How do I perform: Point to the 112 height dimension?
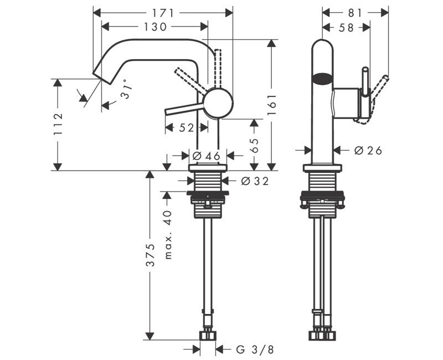coord(58,125)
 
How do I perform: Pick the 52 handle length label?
coord(187,128)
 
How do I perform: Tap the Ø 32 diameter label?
coord(255,181)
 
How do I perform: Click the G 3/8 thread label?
coord(255,349)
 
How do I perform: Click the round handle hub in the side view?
coord(218,103)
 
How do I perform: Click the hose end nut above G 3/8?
coord(208,335)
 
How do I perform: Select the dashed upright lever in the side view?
coord(218,66)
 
